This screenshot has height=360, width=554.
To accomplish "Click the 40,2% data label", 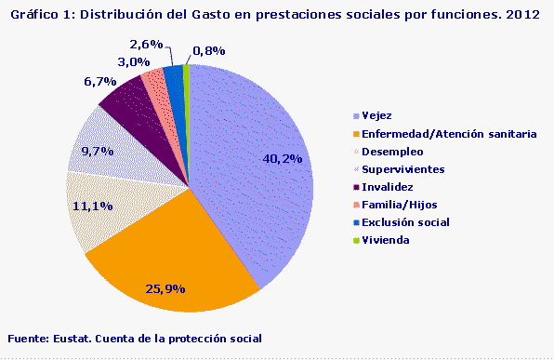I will click(x=284, y=159).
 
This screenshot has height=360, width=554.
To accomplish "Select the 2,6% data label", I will click(x=147, y=44).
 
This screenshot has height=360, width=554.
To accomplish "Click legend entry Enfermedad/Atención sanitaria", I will click(x=435, y=134).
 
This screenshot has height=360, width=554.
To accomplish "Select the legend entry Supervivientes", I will click(x=402, y=169).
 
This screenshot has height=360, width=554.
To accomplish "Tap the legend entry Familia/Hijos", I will click(x=399, y=205).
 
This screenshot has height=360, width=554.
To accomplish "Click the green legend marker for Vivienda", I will click(x=356, y=240).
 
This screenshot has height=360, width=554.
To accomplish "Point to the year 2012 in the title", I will click(x=525, y=16).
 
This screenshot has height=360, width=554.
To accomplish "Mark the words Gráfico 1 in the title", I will click(x=35, y=16).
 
